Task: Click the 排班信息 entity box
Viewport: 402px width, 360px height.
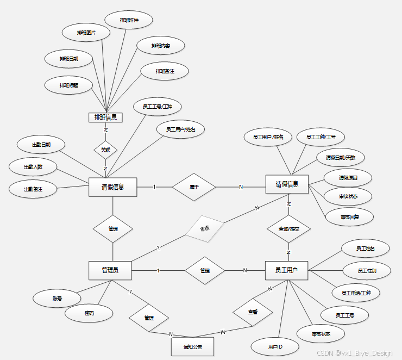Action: coord(105,117)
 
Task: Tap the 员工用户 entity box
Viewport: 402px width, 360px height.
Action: coord(287,270)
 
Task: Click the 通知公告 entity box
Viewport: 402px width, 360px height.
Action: coord(192,346)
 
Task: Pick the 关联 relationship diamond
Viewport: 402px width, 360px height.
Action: coord(105,150)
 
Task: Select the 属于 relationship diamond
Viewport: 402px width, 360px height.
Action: coord(193,187)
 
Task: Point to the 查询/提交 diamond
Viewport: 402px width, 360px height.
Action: coord(288,229)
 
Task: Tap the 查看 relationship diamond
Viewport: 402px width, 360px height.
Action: coord(253,312)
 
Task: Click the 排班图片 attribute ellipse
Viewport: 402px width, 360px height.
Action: coord(86,33)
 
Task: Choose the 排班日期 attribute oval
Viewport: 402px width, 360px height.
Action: coord(69,58)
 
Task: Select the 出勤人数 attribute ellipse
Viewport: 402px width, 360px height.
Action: coord(33,166)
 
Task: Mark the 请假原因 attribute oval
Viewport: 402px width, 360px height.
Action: coord(348,178)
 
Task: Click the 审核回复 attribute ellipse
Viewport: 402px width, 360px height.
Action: coord(349,217)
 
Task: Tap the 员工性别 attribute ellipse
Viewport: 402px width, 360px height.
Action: coord(367,270)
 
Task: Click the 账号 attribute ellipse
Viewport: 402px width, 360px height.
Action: coord(57,298)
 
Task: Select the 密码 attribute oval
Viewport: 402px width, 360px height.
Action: coord(89,313)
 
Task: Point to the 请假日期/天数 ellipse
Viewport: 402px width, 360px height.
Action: coord(340,157)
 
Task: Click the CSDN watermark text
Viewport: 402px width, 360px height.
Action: coord(354,353)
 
